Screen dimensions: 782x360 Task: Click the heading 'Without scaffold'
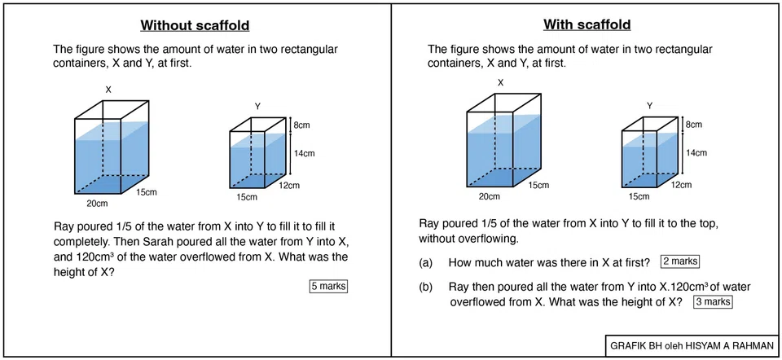tap(195, 25)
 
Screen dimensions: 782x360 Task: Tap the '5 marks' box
tap(328, 286)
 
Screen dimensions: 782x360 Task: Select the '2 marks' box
tap(680, 261)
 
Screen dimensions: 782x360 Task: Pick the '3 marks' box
tap(712, 301)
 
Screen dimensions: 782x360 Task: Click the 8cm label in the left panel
tap(301, 125)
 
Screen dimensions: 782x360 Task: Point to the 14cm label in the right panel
tap(696, 152)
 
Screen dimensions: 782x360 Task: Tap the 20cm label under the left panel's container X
tap(98, 204)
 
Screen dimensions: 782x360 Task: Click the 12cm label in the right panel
tap(681, 186)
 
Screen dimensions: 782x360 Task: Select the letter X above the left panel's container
tap(108, 90)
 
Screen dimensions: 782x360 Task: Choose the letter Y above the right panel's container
tap(649, 105)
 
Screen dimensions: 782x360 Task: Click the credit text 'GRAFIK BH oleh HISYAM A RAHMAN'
tap(692, 345)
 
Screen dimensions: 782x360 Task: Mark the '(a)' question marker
tap(425, 262)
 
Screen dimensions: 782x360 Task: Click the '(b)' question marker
tap(425, 288)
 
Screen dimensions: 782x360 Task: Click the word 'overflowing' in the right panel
tap(490, 239)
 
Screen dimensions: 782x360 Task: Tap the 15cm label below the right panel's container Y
tap(639, 197)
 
